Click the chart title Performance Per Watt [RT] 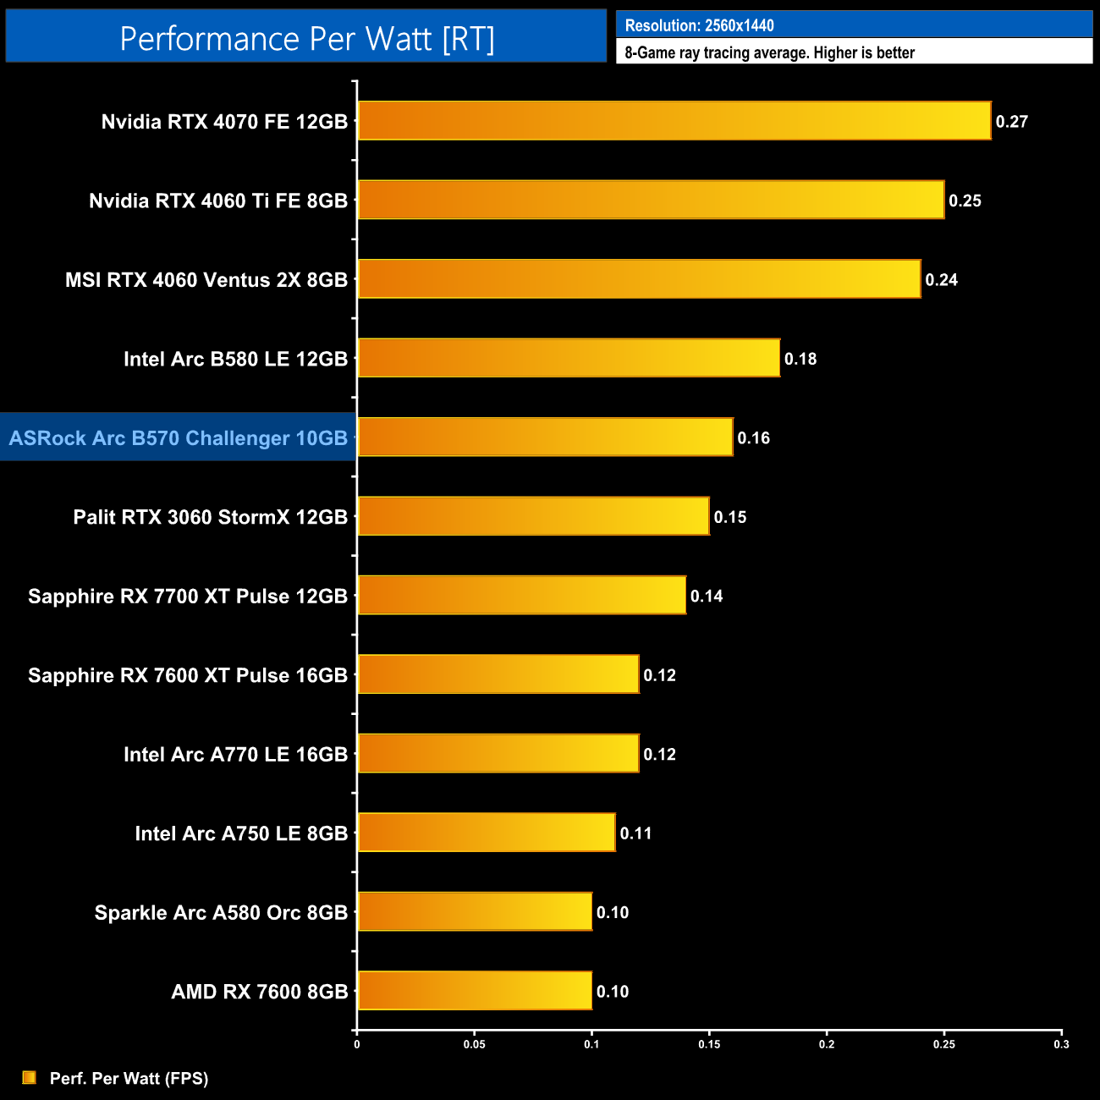pos(306,39)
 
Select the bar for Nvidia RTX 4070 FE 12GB pos(674,121)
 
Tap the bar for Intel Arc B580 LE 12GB pos(569,358)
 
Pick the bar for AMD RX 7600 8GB pos(475,991)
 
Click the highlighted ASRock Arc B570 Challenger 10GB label pos(179,437)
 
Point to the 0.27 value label pos(1011,122)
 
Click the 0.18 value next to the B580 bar pos(800,359)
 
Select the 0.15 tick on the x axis pos(709,1044)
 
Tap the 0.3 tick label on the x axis pos(1061,1044)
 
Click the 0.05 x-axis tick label pos(474,1044)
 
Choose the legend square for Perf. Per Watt pos(30,1077)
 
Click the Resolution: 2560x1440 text pos(699,25)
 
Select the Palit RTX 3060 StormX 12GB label pos(210,517)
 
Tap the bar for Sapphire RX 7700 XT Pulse pos(521,595)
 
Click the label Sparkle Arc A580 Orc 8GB pos(221,912)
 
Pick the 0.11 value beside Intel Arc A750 pos(635,833)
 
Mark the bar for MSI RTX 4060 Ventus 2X pos(639,279)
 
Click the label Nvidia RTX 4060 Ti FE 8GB pos(218,201)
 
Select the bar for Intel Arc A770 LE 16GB pos(498,753)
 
